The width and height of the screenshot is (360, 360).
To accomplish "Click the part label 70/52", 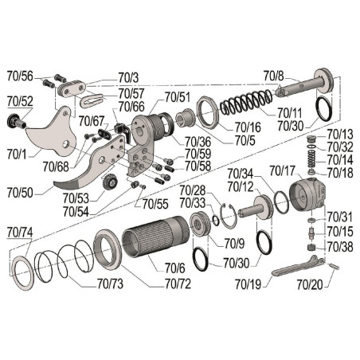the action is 20,101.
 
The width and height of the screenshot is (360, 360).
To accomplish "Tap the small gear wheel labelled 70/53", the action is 109,183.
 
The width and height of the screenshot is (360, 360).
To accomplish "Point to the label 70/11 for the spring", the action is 290,113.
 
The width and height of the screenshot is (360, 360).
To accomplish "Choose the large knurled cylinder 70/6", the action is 155,237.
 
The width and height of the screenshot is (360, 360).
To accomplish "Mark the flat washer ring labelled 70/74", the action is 23,272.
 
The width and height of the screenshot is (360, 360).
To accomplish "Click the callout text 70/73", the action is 110,284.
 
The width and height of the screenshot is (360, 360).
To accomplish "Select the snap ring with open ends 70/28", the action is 229,216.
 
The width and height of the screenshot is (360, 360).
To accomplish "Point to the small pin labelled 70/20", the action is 334,266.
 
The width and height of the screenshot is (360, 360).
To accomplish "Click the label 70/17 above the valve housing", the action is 282,170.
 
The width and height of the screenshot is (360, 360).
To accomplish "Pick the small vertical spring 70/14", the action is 311,158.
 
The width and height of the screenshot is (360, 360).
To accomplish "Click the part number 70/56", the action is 20,76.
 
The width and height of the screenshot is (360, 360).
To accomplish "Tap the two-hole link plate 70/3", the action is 72,88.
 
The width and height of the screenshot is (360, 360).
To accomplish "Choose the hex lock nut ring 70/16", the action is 208,112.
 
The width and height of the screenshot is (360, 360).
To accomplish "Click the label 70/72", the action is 178,284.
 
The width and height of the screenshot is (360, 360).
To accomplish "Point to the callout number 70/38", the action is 340,247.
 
